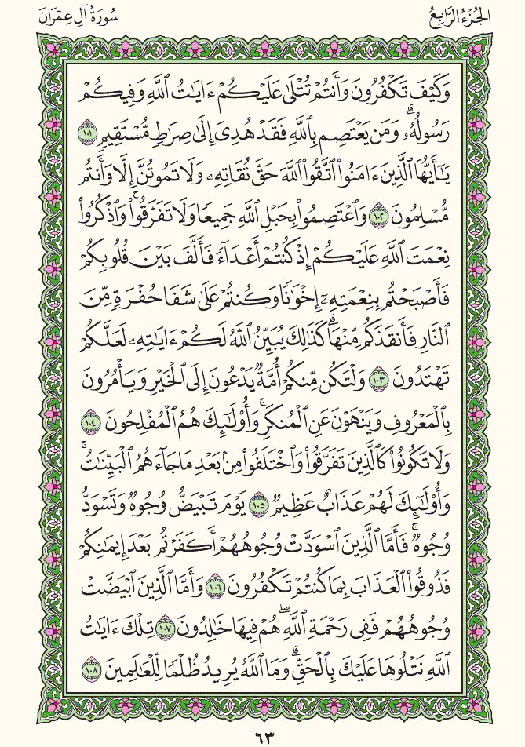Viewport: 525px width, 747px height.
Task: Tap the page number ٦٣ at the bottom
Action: coord(262,736)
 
